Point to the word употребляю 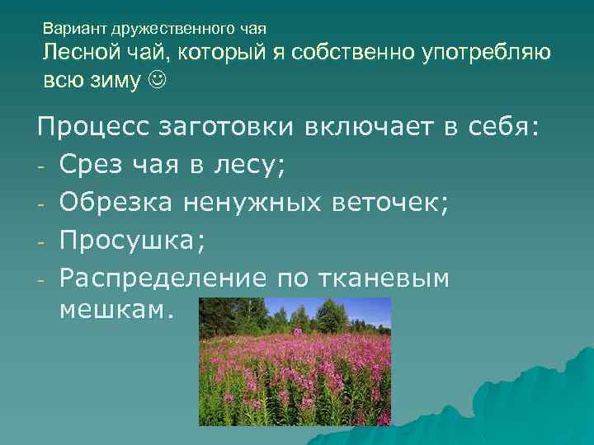pyautogui.click(x=487, y=54)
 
